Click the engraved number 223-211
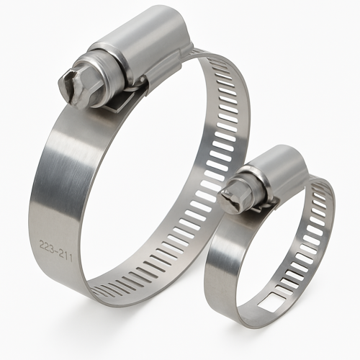(55, 251)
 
